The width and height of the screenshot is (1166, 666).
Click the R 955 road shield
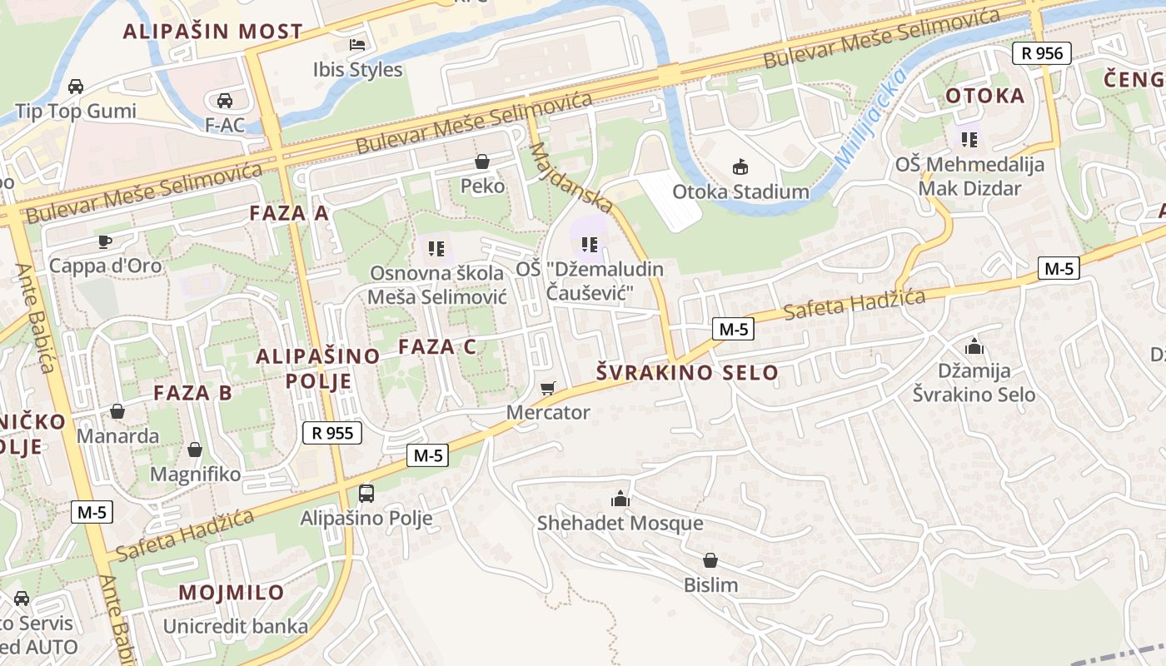coord(331,433)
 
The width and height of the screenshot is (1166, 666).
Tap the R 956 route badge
coord(1041,53)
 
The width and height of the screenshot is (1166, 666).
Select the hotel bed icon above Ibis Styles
coord(357,44)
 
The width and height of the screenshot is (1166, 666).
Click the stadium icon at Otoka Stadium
coord(740,167)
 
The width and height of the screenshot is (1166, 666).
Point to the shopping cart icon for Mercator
coord(547,388)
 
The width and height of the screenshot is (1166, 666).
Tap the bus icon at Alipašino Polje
coord(366,493)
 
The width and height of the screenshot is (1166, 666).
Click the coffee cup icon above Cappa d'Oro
coord(105,241)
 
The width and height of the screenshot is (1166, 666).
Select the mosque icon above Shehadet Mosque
coord(620,499)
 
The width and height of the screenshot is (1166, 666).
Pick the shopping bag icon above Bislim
coord(710,560)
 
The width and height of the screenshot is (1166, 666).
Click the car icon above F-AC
coord(224,101)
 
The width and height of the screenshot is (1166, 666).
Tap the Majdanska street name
coord(571,177)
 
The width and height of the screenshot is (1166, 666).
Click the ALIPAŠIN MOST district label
coord(213,32)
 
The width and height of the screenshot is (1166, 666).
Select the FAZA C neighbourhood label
coord(437,346)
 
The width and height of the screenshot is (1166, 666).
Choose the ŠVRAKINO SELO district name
coord(688,372)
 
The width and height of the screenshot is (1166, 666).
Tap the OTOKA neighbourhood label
coord(984,96)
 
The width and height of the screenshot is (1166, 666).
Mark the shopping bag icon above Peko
coord(481,161)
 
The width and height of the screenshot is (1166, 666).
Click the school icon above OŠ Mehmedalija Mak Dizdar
coord(969,139)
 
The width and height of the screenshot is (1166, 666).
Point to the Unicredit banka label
coord(236,626)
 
